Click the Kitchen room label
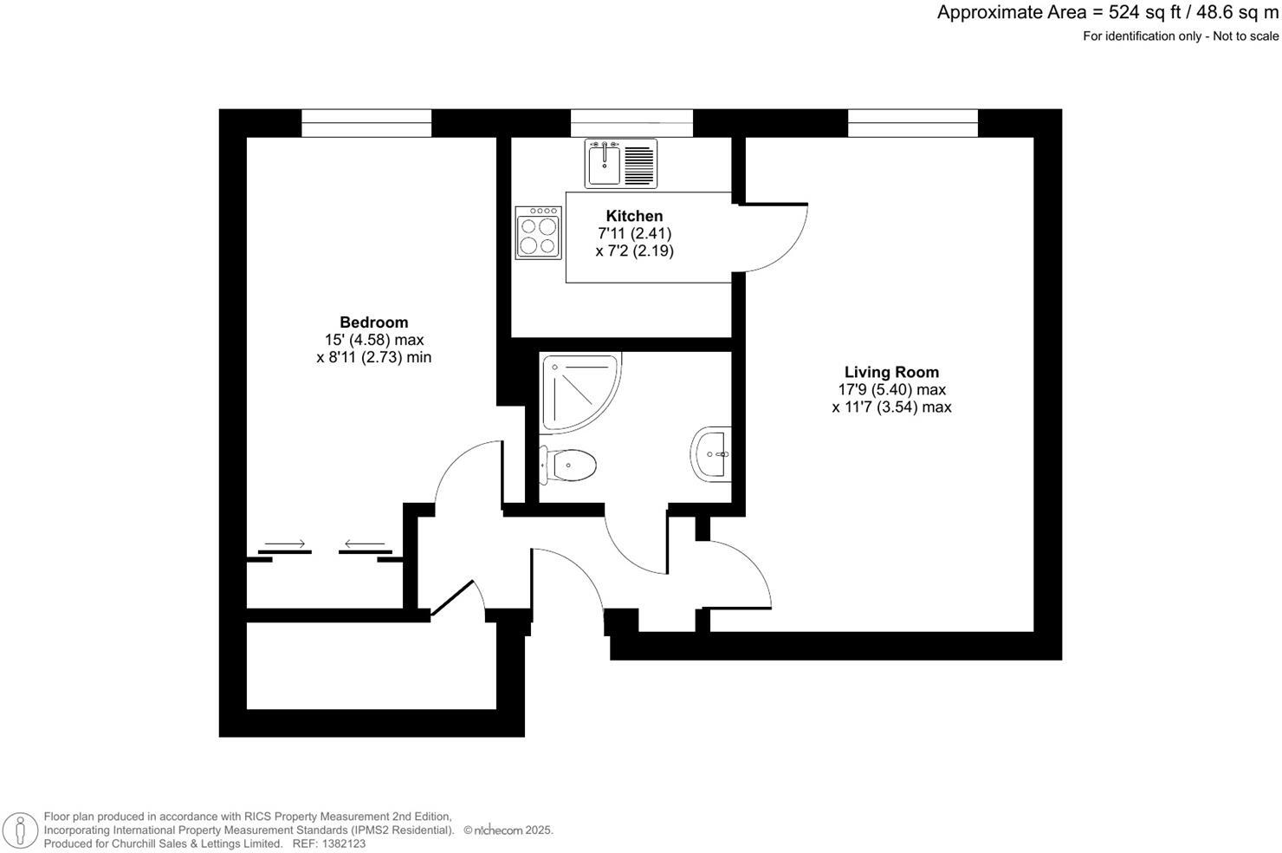click(634, 216)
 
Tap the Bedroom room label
click(373, 322)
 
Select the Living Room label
click(891, 373)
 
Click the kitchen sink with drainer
click(621, 163)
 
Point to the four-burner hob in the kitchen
click(538, 232)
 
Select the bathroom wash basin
click(712, 453)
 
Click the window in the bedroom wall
click(366, 123)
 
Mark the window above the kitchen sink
click(631, 123)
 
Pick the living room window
click(913, 123)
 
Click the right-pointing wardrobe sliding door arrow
click(285, 544)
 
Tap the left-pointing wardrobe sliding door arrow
click(365, 544)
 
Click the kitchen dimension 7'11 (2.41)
click(634, 233)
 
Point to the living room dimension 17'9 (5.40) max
click(891, 390)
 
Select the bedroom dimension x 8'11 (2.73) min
click(373, 357)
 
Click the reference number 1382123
click(341, 843)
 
